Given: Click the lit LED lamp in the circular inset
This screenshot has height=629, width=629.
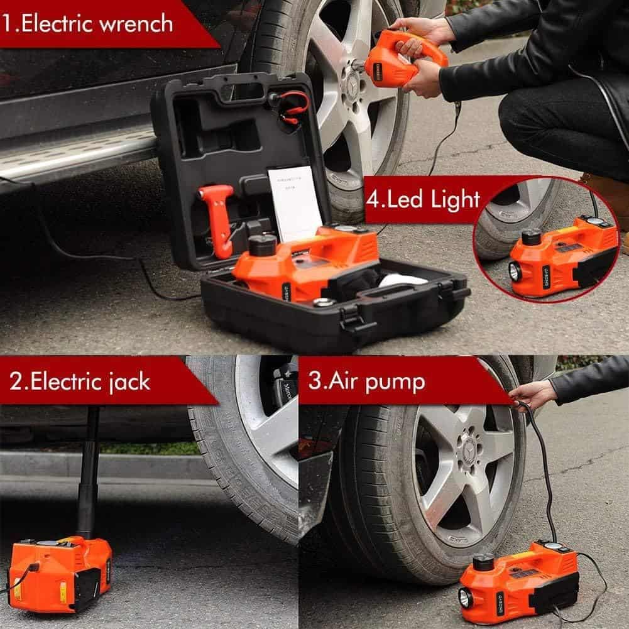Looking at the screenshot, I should click(515, 272).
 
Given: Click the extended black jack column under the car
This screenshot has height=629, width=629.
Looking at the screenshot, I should click(88, 478).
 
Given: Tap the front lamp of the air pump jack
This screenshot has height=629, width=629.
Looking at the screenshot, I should click(466, 598).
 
